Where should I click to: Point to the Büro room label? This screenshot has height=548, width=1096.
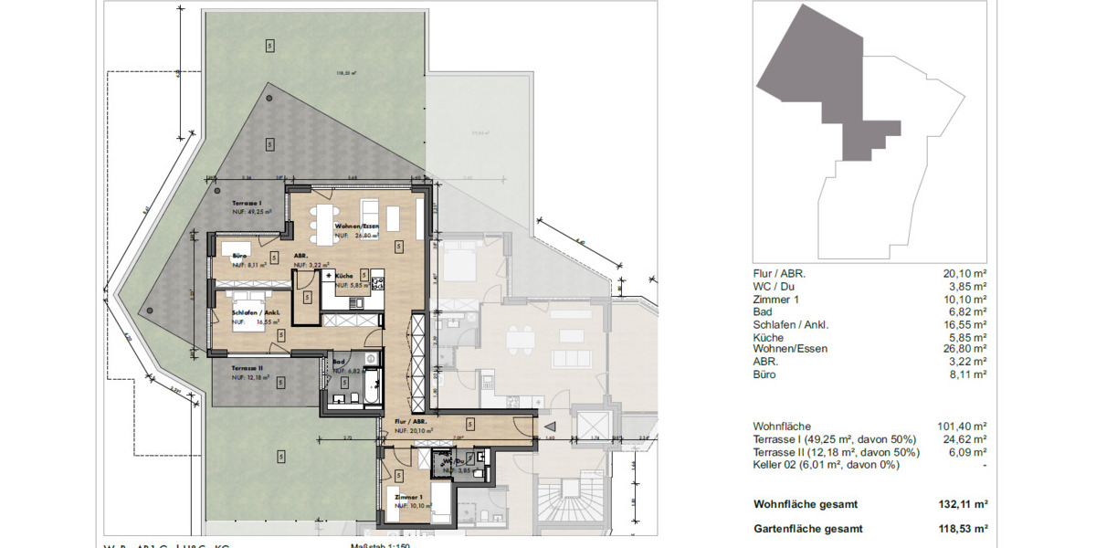[241, 256]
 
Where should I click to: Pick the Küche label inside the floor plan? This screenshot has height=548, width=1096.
[344, 275]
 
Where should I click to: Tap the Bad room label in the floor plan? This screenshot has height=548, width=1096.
[339, 363]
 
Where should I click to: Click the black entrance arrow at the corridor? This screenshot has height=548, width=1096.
[549, 426]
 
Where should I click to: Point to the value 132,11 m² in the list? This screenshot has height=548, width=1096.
[967, 504]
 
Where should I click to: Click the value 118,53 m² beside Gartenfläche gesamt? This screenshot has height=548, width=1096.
[967, 529]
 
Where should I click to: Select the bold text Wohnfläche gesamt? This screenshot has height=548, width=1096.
[805, 504]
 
